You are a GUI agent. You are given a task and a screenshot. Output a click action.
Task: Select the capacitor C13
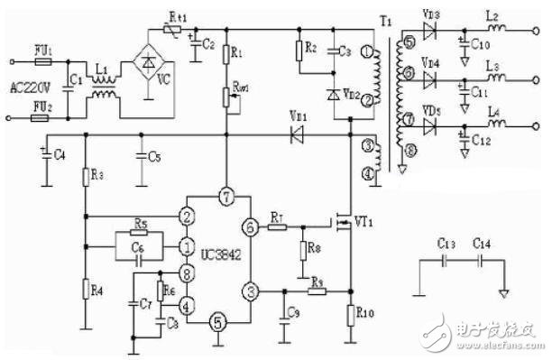[445, 259]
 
